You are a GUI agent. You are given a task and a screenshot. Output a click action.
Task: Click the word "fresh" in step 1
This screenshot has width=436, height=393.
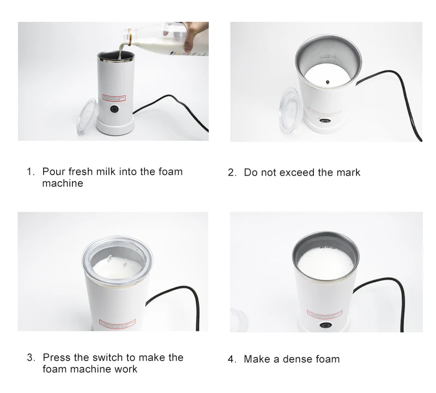click(87, 171)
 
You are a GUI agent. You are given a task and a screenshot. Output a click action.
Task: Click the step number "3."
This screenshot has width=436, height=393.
click(32, 358)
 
